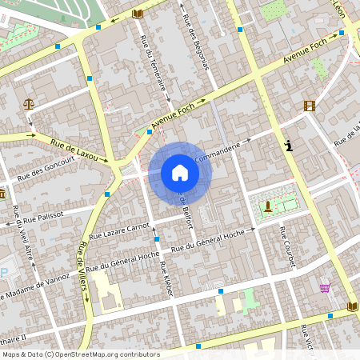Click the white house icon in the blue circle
[x=179, y=173]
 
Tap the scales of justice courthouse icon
[x=30, y=103]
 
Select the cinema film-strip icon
[x=309, y=106]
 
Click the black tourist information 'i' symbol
[x=288, y=146]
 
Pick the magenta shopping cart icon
[x=325, y=288]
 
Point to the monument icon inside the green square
[x=267, y=206]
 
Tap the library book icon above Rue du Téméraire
[x=137, y=14]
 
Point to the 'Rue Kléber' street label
[x=166, y=279]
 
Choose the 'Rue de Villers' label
[x=81, y=272]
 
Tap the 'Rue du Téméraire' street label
[x=155, y=67]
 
